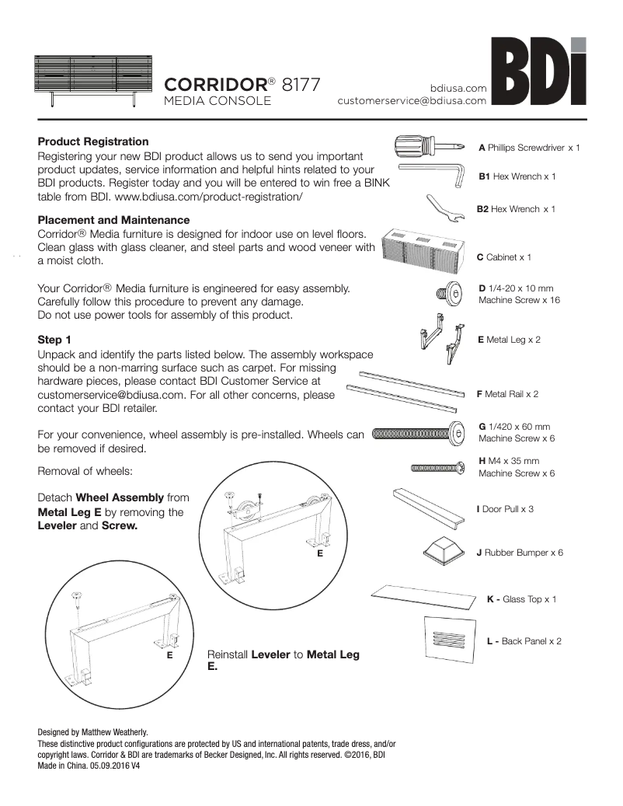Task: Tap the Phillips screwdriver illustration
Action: (430, 146)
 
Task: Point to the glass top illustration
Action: (423, 597)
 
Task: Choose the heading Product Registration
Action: (93, 142)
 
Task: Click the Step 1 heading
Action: (54, 340)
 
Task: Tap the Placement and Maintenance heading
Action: (113, 221)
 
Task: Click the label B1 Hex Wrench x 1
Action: (517, 177)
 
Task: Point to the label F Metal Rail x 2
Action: (507, 394)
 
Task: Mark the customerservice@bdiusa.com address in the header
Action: (412, 100)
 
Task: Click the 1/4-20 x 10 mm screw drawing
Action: (448, 295)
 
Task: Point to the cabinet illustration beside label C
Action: (425, 249)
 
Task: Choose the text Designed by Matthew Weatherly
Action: (92, 732)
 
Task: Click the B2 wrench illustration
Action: (450, 208)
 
